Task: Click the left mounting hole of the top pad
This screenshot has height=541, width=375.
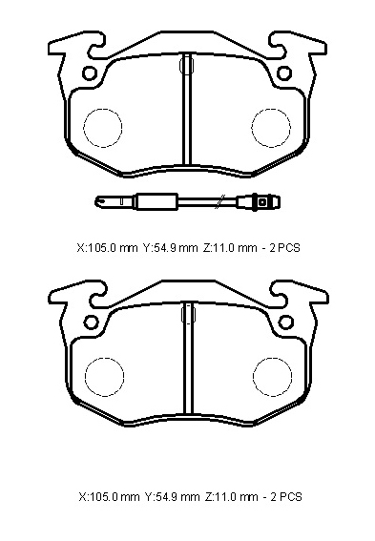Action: (90, 73)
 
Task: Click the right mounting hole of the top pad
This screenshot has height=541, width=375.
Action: (285, 73)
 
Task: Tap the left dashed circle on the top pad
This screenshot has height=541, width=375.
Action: (103, 128)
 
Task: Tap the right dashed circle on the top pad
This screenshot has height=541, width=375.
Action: (271, 128)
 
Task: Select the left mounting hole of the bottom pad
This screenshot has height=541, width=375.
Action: (91, 322)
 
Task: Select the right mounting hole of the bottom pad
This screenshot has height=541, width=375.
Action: (286, 322)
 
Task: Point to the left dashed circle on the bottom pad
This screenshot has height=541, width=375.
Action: (105, 377)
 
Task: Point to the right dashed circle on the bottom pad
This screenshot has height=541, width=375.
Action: (272, 377)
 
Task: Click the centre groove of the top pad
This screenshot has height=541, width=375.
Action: (187, 109)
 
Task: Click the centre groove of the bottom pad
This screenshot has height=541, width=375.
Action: (188, 358)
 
